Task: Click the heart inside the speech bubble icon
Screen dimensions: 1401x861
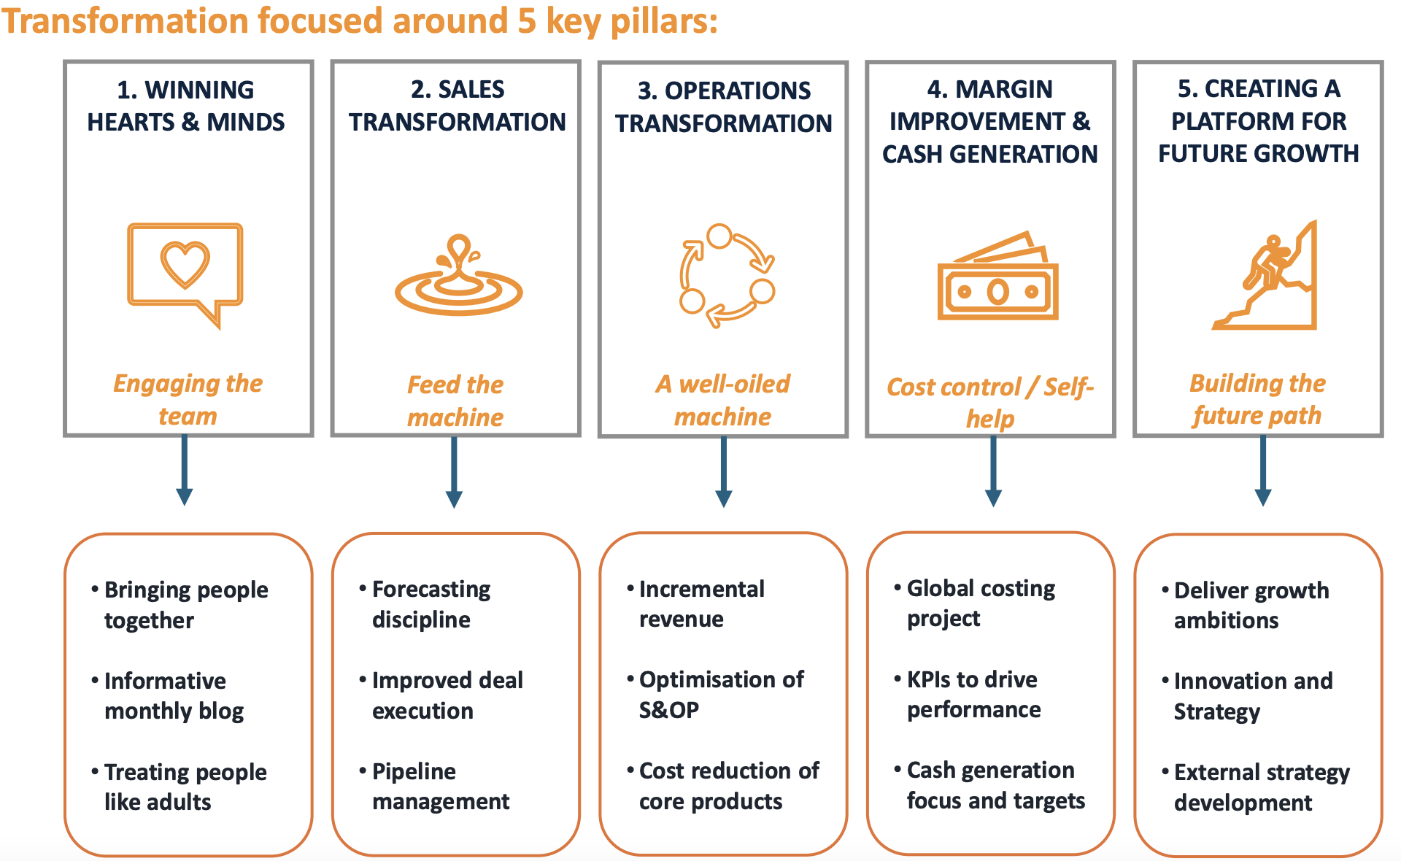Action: point(185,264)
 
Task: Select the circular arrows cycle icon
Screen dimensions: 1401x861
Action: point(727,275)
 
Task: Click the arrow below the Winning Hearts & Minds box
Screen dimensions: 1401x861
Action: point(185,470)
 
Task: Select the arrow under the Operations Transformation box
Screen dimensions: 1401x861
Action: point(724,471)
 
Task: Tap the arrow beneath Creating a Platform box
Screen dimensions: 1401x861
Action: point(1263,471)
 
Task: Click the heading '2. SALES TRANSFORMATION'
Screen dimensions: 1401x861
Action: point(458,106)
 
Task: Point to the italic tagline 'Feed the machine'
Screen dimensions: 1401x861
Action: point(455,401)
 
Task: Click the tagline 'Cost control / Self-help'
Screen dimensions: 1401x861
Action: point(990,402)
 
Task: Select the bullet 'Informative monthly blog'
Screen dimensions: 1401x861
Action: point(168,695)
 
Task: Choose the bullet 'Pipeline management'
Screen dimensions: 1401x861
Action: point(435,786)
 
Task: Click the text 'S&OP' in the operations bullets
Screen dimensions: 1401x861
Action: point(669,709)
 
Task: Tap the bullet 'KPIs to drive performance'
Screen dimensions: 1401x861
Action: point(968,694)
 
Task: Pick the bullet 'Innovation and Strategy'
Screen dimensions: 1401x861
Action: point(1248,696)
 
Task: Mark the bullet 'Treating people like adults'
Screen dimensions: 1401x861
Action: point(180,787)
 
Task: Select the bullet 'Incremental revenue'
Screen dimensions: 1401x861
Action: point(696,603)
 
